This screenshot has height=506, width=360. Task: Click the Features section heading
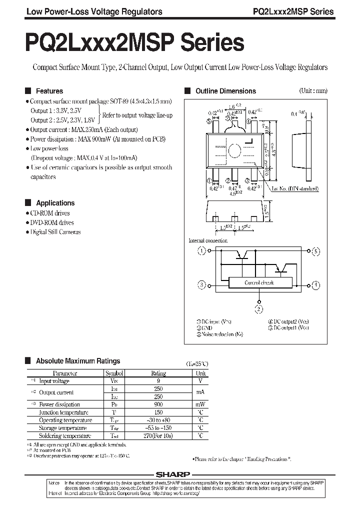click(49, 91)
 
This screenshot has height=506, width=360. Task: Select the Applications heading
click(55, 203)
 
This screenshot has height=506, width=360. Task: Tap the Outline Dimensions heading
click(225, 91)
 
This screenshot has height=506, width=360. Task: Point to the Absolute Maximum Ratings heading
click(78, 360)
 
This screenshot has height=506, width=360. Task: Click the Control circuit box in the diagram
click(259, 282)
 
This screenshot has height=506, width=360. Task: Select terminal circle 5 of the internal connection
click(315, 251)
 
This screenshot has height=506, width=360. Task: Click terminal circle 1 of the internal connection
click(201, 251)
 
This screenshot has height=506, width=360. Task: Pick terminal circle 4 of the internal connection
click(315, 284)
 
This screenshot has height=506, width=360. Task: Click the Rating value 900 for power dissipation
click(158, 404)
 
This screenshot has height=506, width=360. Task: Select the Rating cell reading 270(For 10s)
click(158, 436)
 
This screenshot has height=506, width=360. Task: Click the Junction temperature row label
click(63, 412)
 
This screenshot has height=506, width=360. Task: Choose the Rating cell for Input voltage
click(158, 381)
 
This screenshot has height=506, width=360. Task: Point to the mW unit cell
click(200, 404)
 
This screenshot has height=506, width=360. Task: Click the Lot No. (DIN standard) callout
click(295, 188)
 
